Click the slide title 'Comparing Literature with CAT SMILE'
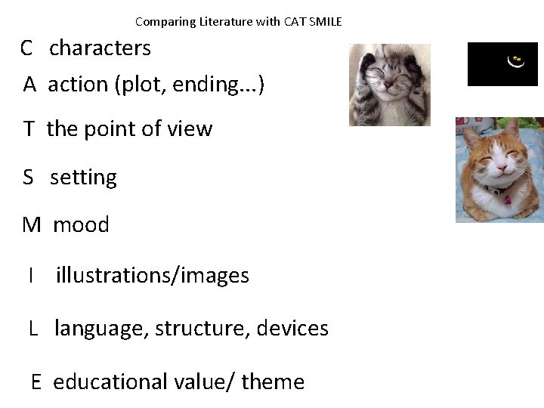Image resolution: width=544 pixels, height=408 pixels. pyautogui.click(x=239, y=21)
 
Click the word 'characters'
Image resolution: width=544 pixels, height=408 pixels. pyautogui.click(x=100, y=48)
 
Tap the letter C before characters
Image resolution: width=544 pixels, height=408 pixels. pyautogui.click(x=26, y=48)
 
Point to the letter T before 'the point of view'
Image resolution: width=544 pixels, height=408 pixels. pyautogui.click(x=29, y=129)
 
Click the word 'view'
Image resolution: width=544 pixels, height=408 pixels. pyautogui.click(x=192, y=129)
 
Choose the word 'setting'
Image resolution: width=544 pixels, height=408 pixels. pyautogui.click(x=83, y=178)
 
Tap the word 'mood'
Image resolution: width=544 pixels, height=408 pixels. pyautogui.click(x=81, y=224)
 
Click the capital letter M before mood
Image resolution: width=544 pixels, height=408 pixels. pyautogui.click(x=31, y=224)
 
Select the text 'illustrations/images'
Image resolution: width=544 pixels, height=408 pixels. pyautogui.click(x=152, y=276)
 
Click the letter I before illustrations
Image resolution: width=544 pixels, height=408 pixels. pyautogui.click(x=30, y=276)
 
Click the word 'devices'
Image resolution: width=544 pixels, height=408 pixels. pyautogui.click(x=292, y=329)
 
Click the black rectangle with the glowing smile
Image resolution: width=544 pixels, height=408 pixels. pyautogui.click(x=502, y=64)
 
